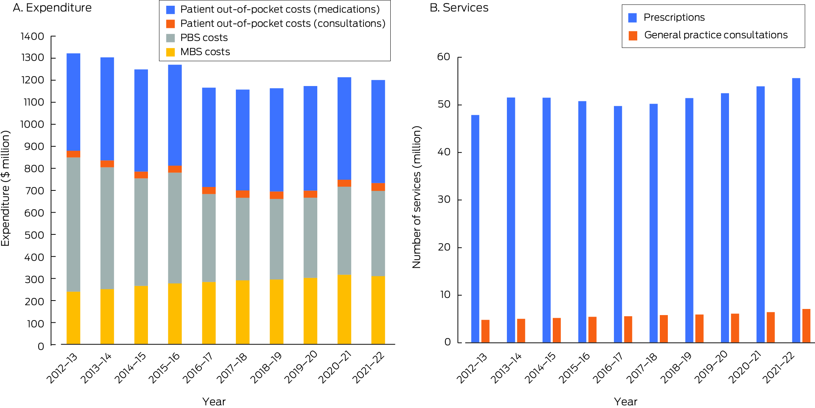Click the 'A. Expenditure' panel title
point(52,8)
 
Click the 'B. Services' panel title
point(459,8)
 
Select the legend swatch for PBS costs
point(170,38)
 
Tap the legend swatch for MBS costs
point(170,52)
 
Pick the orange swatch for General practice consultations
point(633,36)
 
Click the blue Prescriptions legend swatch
point(633,18)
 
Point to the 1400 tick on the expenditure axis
point(32,36)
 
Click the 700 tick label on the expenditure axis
point(34,190)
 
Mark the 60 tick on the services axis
point(444,57)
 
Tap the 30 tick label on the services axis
point(444,200)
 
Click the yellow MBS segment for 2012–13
point(73,318)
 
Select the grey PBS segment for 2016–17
point(209,238)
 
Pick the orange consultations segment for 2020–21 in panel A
point(344,183)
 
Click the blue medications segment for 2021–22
point(378,132)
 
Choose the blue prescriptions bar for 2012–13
point(475,229)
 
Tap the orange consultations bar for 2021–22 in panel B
point(806,325)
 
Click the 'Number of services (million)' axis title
point(417,197)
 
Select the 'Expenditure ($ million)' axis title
point(5,188)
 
